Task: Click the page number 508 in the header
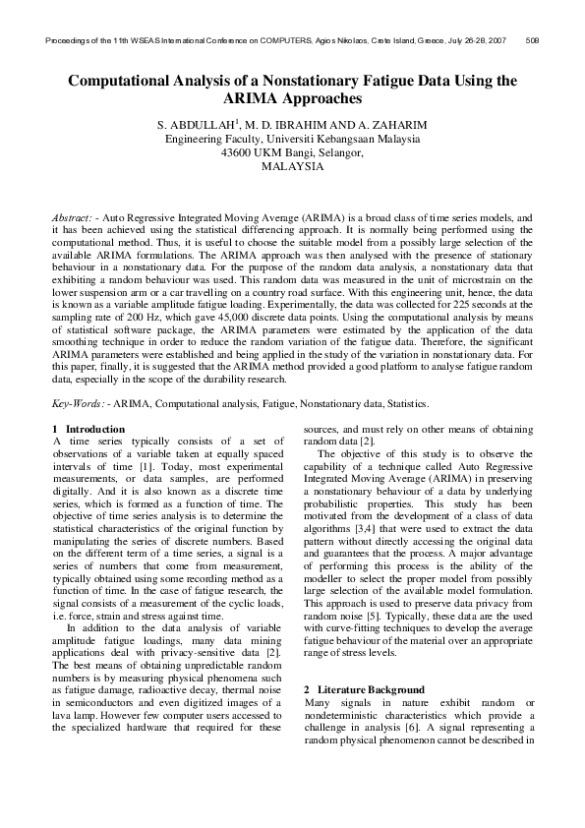coord(532,40)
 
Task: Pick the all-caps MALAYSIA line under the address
coord(292,166)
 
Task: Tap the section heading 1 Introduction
coord(88,429)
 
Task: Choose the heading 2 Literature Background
coord(364,689)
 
